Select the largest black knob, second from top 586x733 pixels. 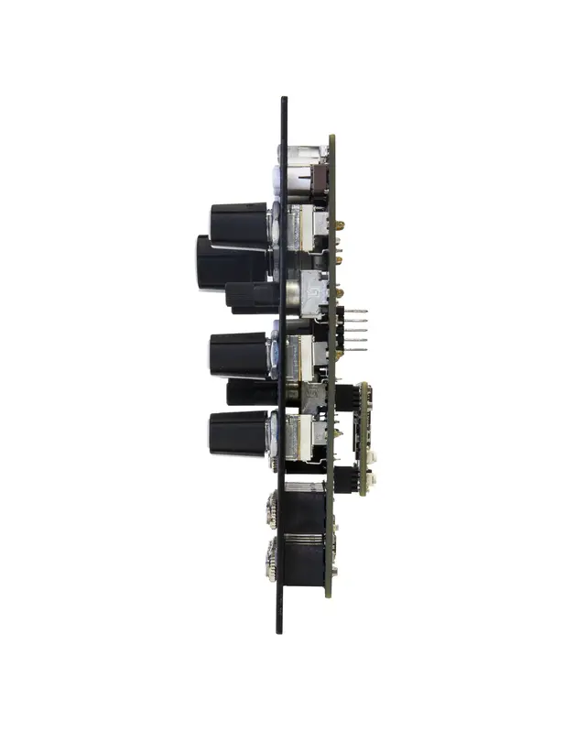[229, 263]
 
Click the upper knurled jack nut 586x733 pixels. [273, 503]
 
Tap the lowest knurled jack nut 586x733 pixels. [273, 556]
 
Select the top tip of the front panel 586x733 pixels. [284, 99]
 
